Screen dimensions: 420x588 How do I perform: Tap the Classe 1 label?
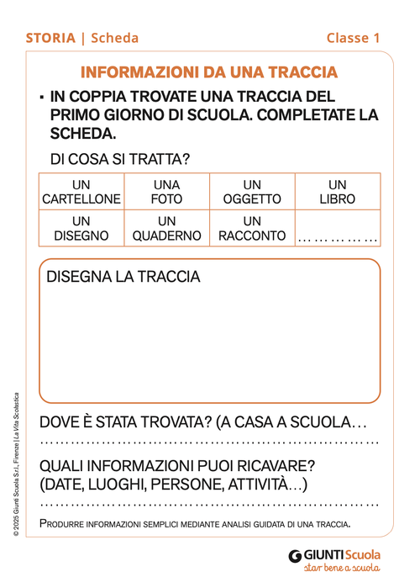pyautogui.click(x=354, y=38)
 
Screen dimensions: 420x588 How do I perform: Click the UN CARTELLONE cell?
pyautogui.click(x=81, y=192)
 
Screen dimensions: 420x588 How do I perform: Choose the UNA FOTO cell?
pyautogui.click(x=166, y=192)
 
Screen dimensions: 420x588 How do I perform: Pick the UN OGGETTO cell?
pyautogui.click(x=252, y=192)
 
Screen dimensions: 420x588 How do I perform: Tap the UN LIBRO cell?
pyautogui.click(x=338, y=192)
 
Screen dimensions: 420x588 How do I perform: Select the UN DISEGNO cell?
pyautogui.click(x=81, y=228)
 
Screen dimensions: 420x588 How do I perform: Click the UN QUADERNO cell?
pyautogui.click(x=166, y=228)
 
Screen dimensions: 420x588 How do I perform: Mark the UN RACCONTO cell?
pyautogui.click(x=252, y=228)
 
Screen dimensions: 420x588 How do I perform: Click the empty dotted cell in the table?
pyautogui.click(x=338, y=236)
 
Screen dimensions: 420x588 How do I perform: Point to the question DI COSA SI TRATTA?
pyautogui.click(x=120, y=158)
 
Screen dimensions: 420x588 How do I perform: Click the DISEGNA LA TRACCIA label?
pyautogui.click(x=123, y=277)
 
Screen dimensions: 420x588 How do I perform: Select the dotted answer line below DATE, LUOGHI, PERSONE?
pyautogui.click(x=210, y=505)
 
